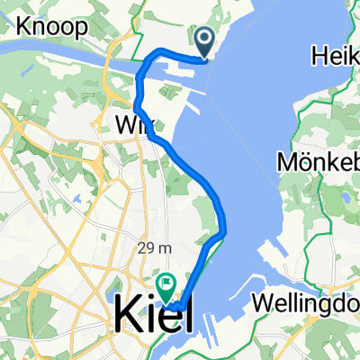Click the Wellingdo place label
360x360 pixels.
[x=307, y=300]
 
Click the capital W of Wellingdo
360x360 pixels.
[x=265, y=300]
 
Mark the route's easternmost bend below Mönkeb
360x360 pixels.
[x=223, y=231]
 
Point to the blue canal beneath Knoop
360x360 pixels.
[x=54, y=61]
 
